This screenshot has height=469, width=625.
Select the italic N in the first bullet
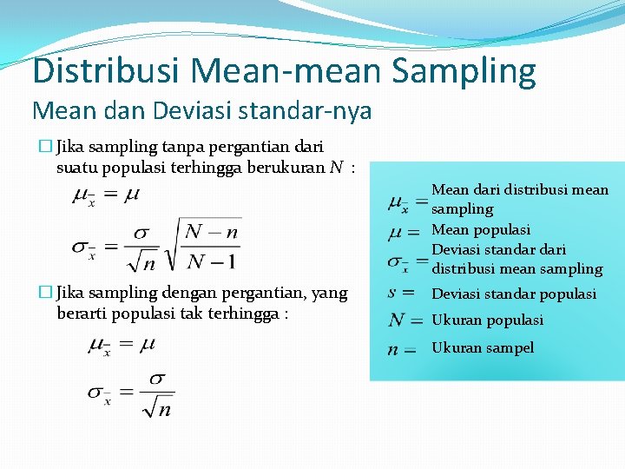tap(335, 168)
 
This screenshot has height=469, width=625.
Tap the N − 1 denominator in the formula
tap(212, 261)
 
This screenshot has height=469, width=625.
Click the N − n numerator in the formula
tap(212, 231)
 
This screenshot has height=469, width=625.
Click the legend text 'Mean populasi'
tap(481, 229)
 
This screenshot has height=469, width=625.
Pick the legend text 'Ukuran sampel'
tap(483, 347)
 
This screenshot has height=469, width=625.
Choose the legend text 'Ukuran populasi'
tap(488, 320)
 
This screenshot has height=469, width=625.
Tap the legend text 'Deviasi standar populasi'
tap(514, 294)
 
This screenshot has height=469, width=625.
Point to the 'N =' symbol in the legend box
tap(405, 320)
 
